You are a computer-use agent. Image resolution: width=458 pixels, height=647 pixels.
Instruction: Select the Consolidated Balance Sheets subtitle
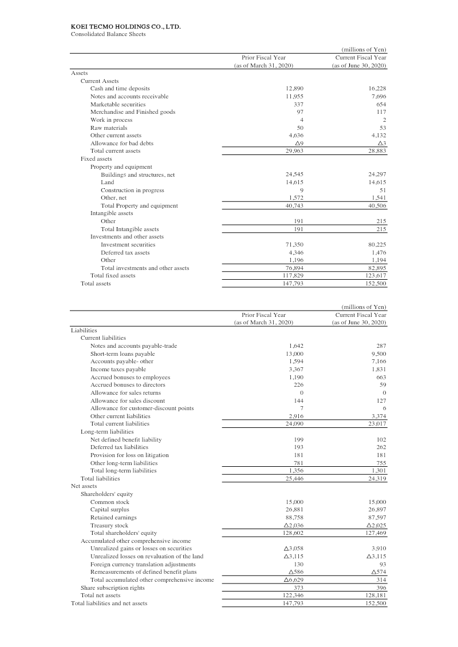pos(108,34)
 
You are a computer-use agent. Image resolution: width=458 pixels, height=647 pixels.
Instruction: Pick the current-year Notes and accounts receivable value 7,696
pos(378,97)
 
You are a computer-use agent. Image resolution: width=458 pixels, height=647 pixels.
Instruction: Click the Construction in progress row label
pos(132,190)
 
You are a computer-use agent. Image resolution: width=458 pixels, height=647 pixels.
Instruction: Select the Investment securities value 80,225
pos(377,245)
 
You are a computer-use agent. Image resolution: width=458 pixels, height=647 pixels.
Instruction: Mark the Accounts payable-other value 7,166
pos(378,362)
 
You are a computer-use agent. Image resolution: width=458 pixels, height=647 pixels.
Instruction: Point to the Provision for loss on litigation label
pos(129,455)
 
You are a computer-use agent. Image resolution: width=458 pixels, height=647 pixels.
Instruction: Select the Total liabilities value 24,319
pos(377,478)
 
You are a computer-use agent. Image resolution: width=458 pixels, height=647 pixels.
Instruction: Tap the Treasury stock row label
pos(109,525)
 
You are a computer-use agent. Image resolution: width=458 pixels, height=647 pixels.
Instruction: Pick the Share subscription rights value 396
pos(380,588)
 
